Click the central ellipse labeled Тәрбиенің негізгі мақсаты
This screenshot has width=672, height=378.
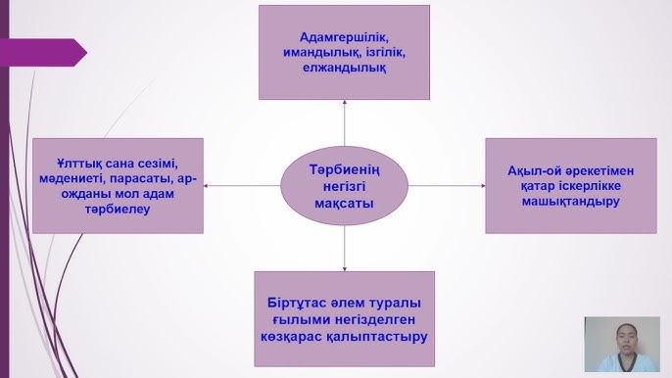click(344, 186)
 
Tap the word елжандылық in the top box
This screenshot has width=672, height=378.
click(344, 68)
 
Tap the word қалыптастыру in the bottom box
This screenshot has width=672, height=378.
click(386, 335)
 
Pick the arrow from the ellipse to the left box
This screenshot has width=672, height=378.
click(241, 185)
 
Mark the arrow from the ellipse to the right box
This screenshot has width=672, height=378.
click(447, 185)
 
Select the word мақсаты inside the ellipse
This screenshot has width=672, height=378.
click(345, 204)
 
